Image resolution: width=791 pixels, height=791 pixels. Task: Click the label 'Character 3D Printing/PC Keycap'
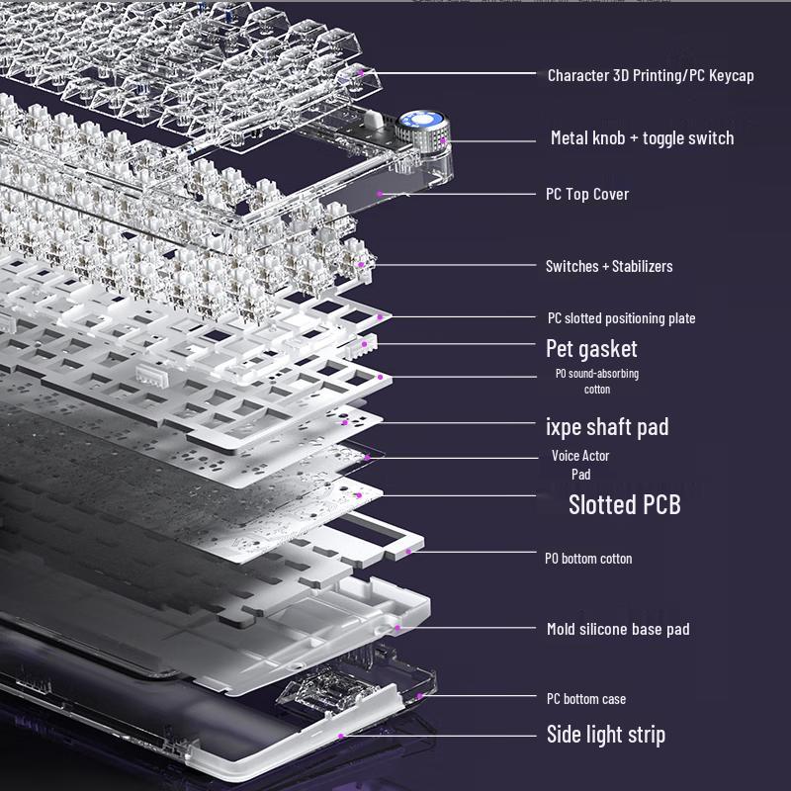pyautogui.click(x=651, y=75)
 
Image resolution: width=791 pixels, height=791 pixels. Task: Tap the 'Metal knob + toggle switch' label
pyautogui.click(x=642, y=138)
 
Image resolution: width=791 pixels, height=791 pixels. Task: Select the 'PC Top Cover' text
pyautogui.click(x=587, y=194)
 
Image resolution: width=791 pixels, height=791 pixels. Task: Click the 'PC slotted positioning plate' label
pyautogui.click(x=621, y=318)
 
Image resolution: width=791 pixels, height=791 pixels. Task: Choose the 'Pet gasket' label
pyautogui.click(x=591, y=349)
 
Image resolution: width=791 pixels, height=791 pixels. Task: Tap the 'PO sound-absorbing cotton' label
pyautogui.click(x=596, y=382)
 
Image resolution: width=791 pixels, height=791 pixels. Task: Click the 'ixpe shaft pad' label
pyautogui.click(x=607, y=427)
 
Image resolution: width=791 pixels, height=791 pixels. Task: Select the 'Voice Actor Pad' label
pyautogui.click(x=580, y=465)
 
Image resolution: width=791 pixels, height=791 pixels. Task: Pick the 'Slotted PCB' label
pyautogui.click(x=624, y=505)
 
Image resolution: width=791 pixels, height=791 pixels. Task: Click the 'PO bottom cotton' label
pyautogui.click(x=588, y=559)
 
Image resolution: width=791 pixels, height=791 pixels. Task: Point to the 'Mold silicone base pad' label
pyautogui.click(x=618, y=629)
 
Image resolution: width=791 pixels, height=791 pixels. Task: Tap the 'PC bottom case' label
pyautogui.click(x=585, y=699)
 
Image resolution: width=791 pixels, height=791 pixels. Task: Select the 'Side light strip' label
pyautogui.click(x=605, y=735)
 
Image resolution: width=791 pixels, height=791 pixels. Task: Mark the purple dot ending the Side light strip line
pyautogui.click(x=340, y=736)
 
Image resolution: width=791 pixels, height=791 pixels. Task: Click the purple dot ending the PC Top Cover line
pyautogui.click(x=381, y=194)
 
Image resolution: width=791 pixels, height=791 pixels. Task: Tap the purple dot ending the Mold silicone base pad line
pyautogui.click(x=397, y=627)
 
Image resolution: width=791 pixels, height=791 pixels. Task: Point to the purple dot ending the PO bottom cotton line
pyautogui.click(x=406, y=550)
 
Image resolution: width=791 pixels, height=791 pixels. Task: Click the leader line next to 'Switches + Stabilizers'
pyautogui.click(x=455, y=265)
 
